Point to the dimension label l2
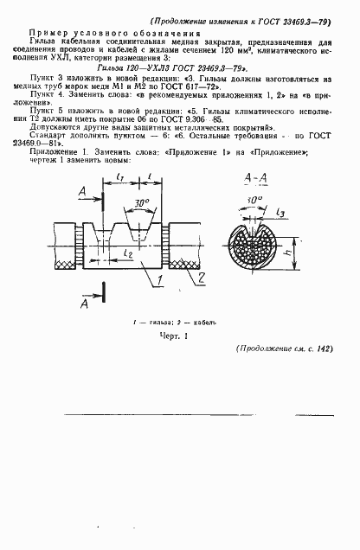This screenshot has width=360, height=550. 126,256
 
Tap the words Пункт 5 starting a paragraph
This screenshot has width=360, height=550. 44,112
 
